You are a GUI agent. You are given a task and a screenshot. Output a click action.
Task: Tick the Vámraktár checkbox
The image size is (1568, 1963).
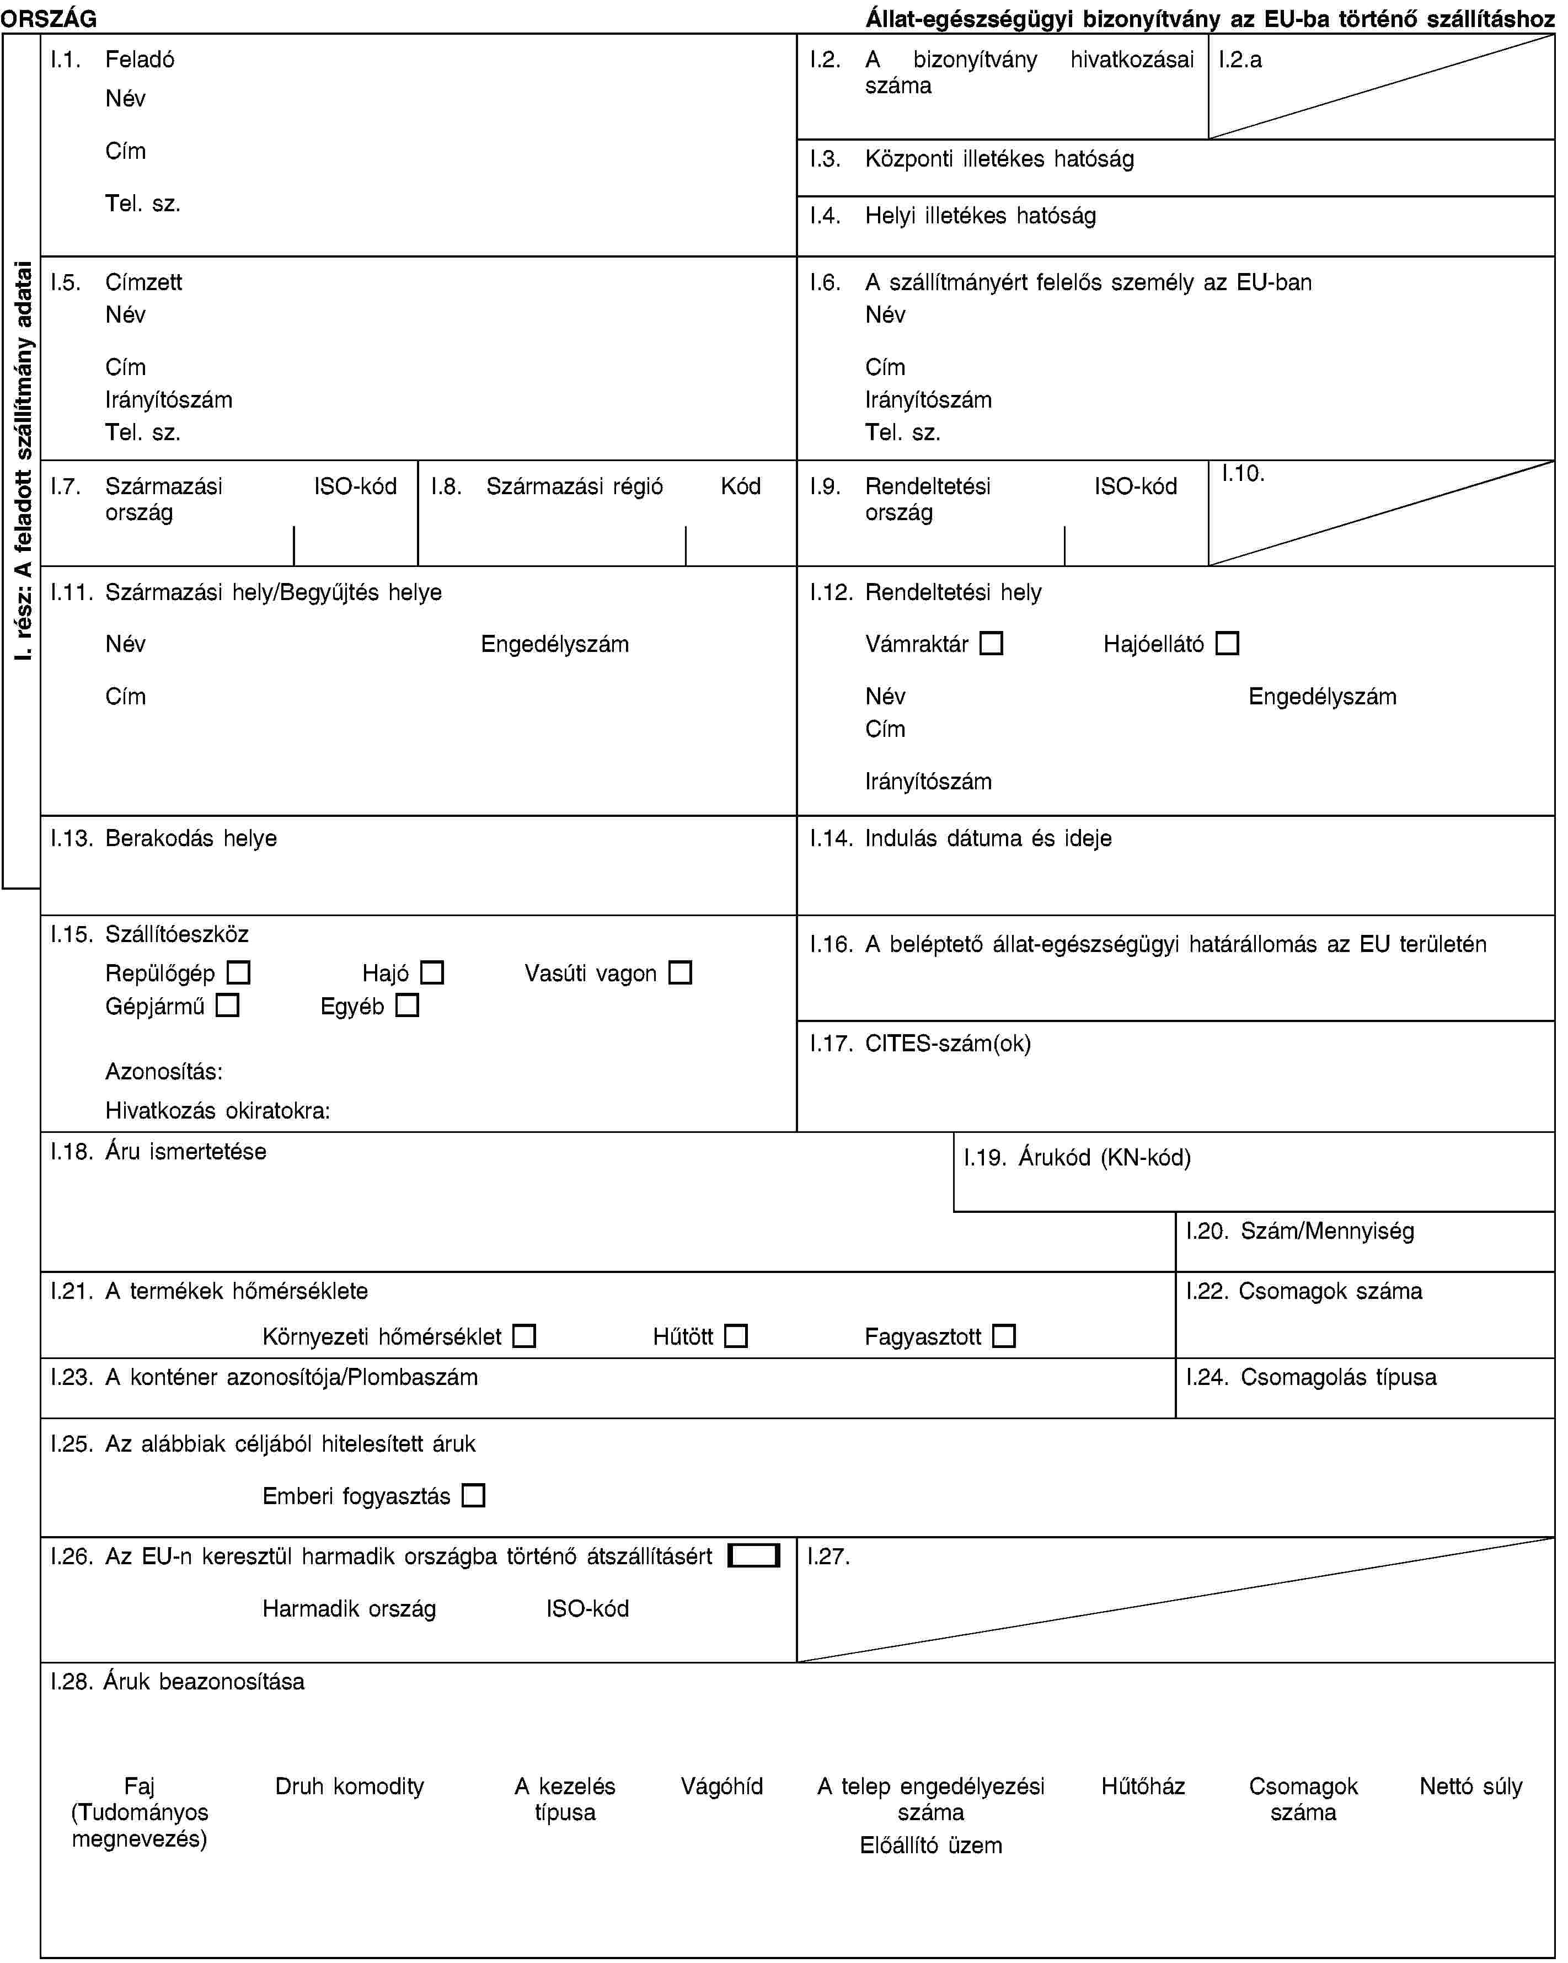(992, 644)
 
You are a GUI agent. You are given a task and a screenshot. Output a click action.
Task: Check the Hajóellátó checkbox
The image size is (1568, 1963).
(1228, 644)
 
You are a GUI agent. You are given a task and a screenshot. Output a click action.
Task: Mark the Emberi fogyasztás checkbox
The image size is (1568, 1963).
(474, 1495)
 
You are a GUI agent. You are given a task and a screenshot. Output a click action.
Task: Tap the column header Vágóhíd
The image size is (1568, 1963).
(721, 1787)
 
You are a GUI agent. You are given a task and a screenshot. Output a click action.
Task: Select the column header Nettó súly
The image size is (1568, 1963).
(1470, 1787)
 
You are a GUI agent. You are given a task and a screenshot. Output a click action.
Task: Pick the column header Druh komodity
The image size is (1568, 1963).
(350, 1787)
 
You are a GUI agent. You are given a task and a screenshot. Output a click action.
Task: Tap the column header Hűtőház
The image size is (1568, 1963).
(1143, 1787)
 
